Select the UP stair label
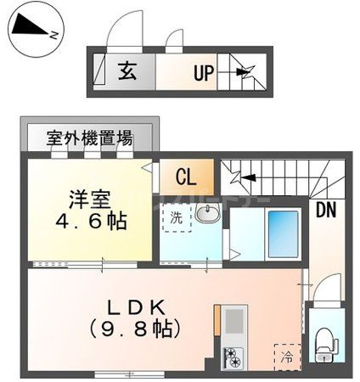[x=203, y=73]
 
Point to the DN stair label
[x=326, y=208]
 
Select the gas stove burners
[x=231, y=358]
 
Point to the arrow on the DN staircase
[x=249, y=177]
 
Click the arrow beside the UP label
[x=244, y=73]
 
